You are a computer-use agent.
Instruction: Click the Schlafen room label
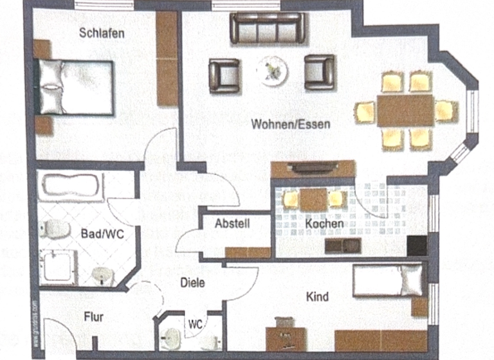click(x=102, y=33)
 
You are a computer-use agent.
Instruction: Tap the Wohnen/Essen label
click(x=291, y=124)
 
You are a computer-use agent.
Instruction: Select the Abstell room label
click(x=232, y=224)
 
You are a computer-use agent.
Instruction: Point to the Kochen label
click(x=324, y=224)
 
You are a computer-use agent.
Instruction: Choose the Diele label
click(x=192, y=282)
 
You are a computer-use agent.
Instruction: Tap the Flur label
click(x=93, y=316)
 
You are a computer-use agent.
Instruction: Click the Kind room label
click(x=318, y=296)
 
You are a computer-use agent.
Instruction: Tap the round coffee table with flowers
click(x=271, y=69)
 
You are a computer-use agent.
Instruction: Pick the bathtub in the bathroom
click(x=71, y=187)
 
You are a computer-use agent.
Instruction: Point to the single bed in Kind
click(x=387, y=280)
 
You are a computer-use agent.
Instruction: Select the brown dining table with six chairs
click(x=405, y=111)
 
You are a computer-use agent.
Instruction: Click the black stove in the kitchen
click(x=417, y=246)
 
